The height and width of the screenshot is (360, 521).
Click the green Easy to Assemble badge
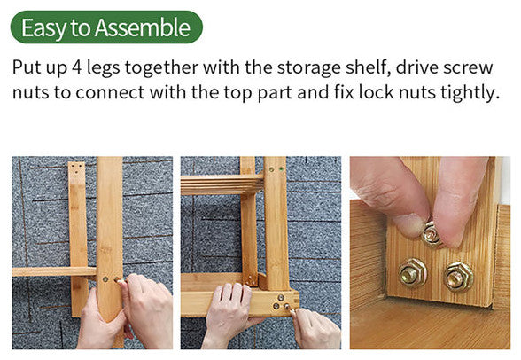tap(106, 27)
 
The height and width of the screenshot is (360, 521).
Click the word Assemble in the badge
tap(143, 27)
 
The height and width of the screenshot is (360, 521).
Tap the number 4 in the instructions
tap(76, 67)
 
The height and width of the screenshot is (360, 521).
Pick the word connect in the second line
tap(110, 93)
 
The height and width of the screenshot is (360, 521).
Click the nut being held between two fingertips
tap(431, 234)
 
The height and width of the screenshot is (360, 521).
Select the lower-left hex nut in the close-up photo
tap(412, 273)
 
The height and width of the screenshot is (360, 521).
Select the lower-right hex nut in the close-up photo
tap(459, 277)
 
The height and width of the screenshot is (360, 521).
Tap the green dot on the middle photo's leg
tap(281, 169)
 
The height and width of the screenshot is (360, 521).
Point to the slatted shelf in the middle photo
tap(222, 184)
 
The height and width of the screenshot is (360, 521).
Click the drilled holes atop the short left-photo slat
tap(77, 168)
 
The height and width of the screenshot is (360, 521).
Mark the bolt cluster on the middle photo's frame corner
tap(281, 301)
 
